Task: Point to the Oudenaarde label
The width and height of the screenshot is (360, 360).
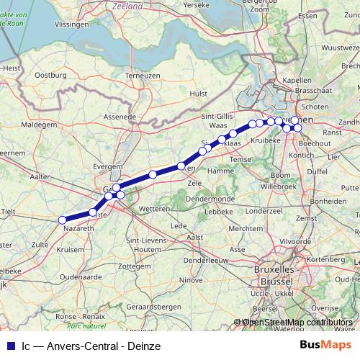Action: point(80,276)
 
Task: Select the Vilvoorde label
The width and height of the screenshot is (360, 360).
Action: point(296,242)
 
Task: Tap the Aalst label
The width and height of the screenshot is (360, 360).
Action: point(194,236)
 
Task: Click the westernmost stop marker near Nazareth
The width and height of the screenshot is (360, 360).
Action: point(62,220)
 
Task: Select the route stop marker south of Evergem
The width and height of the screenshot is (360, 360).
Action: point(116,187)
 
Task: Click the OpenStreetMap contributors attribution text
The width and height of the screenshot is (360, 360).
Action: point(297,322)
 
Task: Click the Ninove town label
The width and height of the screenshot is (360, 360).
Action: point(191,279)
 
